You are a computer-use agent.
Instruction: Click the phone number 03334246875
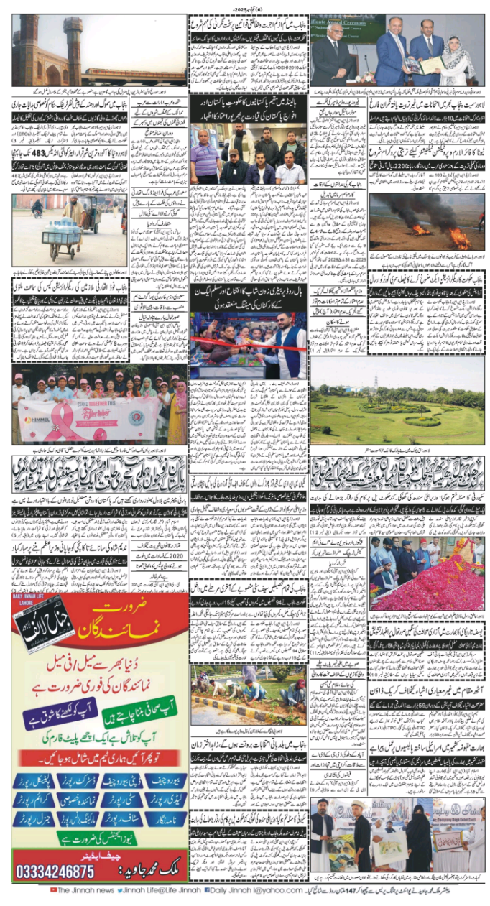pos(55,871)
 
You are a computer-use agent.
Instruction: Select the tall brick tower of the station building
pos(73,49)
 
